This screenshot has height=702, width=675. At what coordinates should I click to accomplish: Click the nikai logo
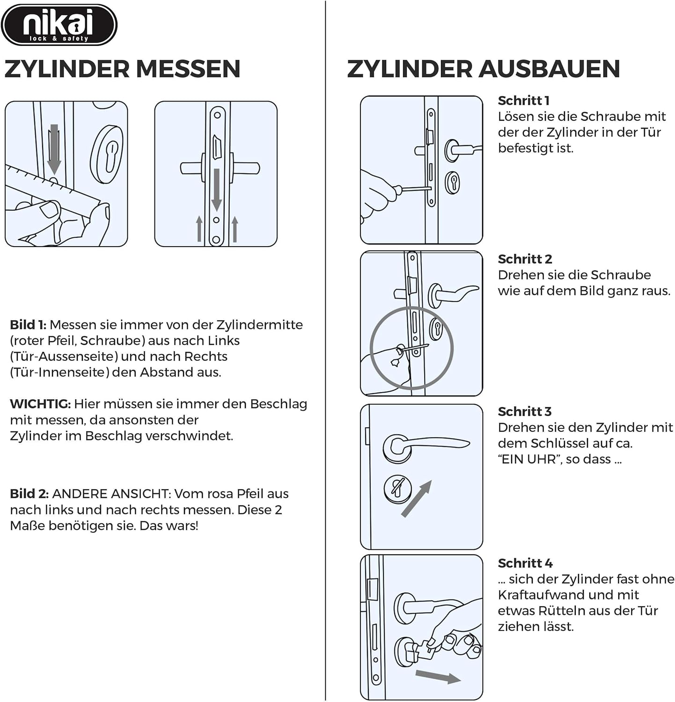[59, 25]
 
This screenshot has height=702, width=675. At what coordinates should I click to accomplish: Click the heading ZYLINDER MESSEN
[122, 69]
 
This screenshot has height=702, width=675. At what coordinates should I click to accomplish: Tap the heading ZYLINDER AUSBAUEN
[483, 69]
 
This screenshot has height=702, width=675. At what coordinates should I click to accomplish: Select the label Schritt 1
[523, 101]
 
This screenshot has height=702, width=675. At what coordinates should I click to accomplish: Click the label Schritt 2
[525, 259]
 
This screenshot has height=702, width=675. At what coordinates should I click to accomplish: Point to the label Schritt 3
[524, 411]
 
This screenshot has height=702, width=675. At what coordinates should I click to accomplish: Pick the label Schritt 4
[525, 563]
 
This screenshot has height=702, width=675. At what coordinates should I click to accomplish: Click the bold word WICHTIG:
[40, 404]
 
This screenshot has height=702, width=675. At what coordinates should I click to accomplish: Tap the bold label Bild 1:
[28, 325]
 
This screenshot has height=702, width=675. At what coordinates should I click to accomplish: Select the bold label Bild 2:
[29, 494]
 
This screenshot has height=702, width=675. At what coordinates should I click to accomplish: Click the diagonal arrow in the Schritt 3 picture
[417, 499]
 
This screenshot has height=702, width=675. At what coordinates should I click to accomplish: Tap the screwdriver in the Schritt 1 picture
[412, 189]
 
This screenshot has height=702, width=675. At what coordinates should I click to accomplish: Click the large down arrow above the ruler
[54, 149]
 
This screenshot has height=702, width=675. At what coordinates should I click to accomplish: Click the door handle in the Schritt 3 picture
[426, 445]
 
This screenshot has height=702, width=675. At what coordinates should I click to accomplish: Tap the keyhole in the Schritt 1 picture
[453, 183]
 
